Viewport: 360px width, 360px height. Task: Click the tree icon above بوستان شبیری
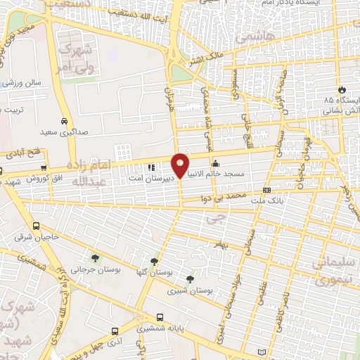coord(189,279)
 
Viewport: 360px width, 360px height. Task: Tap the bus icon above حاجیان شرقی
coord(37,226)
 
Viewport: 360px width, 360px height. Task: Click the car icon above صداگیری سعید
coord(65,120)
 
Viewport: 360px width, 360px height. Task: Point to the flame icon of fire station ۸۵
coord(342,90)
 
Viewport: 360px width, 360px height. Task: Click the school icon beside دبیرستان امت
coord(150,168)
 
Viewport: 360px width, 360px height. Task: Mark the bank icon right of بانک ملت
coord(266,190)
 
